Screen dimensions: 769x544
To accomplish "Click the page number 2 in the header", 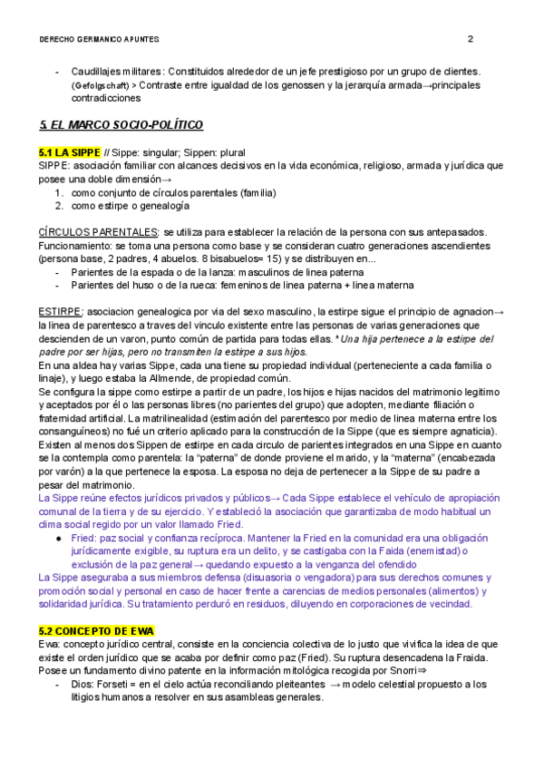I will click(x=470, y=39).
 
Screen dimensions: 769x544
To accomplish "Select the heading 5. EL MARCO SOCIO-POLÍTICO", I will click(x=121, y=124).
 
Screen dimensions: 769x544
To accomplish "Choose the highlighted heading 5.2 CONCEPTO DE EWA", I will click(x=96, y=630).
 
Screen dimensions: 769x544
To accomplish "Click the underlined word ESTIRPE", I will click(x=61, y=311).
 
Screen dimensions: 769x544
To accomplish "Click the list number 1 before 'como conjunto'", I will click(x=59, y=192).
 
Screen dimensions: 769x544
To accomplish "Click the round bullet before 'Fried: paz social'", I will click(x=59, y=538).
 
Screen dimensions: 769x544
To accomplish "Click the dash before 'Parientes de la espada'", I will click(x=58, y=271).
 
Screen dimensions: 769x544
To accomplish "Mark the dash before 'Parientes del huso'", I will click(x=58, y=285).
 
